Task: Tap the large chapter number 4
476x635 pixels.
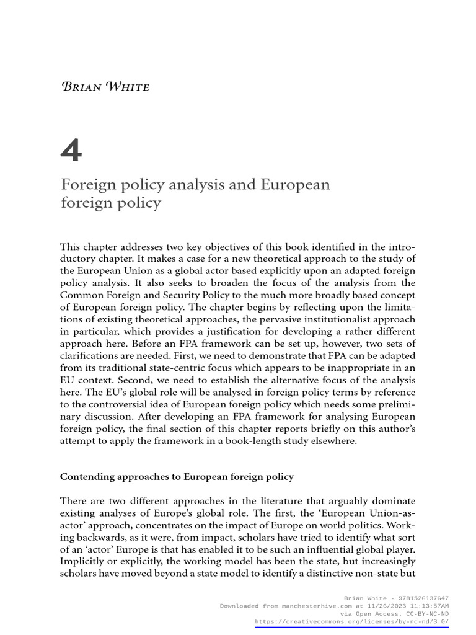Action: click(x=71, y=151)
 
